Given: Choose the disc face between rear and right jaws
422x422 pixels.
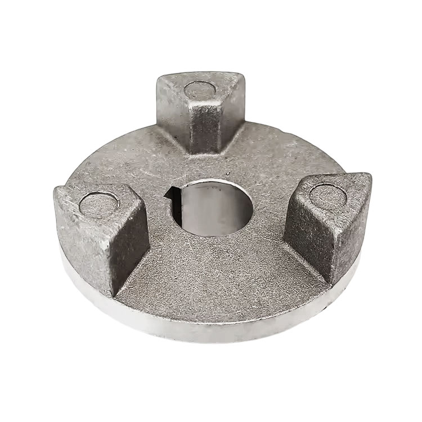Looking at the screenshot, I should point(270,152).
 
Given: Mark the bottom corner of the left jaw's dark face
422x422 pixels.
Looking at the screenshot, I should point(115,295).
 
